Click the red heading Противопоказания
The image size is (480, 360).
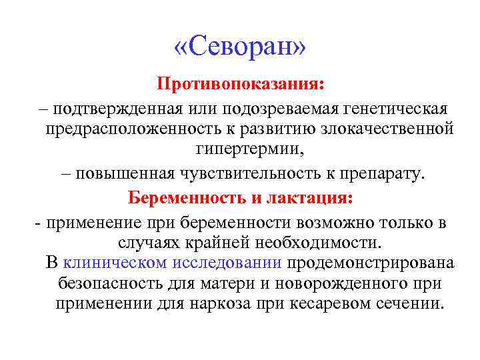[240, 85]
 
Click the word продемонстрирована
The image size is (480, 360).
[371, 263]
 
